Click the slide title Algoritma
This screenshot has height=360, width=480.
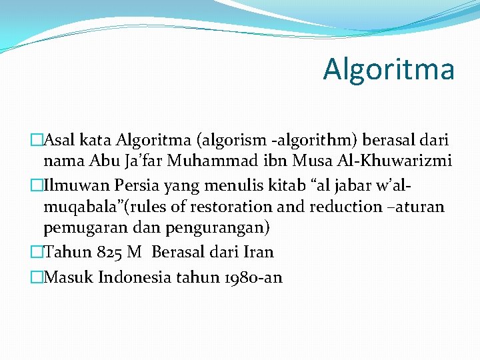389,69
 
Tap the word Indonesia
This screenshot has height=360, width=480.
135,277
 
